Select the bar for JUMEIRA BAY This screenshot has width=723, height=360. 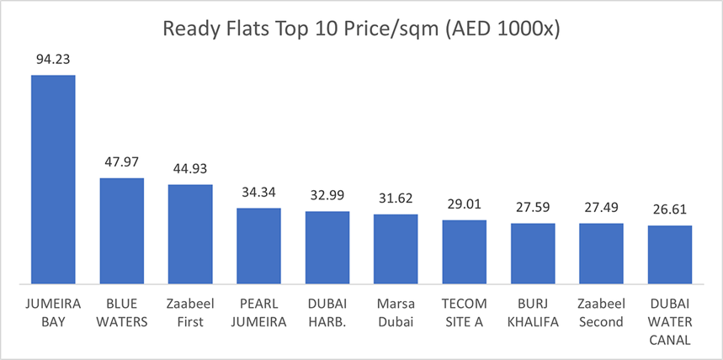[53, 179]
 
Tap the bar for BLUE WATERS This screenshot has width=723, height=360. [122, 230]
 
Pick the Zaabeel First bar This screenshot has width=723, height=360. [190, 234]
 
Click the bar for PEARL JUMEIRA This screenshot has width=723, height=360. [258, 246]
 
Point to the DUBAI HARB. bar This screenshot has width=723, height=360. [327, 247]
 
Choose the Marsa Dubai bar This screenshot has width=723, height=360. [396, 249]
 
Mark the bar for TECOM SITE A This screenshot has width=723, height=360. [464, 251]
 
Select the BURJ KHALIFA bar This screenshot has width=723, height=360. [533, 253]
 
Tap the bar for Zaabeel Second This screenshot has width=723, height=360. [601, 253]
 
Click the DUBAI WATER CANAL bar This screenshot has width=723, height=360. [670, 254]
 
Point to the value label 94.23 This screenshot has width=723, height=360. [53, 60]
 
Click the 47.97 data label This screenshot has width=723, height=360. [122, 162]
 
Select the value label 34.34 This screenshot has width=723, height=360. [258, 193]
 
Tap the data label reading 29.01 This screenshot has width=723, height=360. [464, 204]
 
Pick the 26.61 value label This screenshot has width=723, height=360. [670, 209]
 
